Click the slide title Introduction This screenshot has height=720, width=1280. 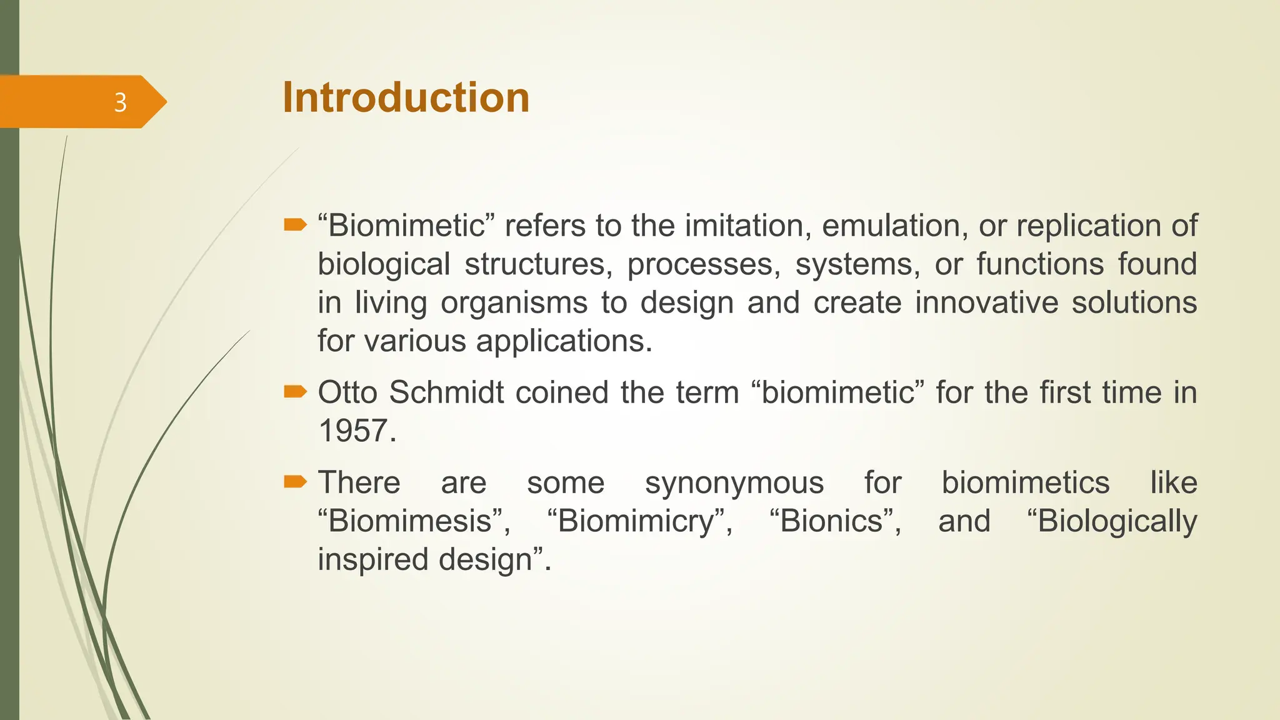coord(406,98)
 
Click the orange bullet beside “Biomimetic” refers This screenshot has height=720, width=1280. coord(295,225)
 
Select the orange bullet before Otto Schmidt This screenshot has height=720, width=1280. coord(295,392)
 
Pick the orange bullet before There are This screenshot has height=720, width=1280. coord(295,481)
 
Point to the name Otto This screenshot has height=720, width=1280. coord(347,392)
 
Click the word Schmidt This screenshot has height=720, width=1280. coord(446,392)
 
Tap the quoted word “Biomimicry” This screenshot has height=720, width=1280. coord(639,521)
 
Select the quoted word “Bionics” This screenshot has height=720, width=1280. coord(835,521)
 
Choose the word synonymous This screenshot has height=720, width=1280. coord(734,483)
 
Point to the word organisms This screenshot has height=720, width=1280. coord(514,303)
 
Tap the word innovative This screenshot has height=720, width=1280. coord(986,302)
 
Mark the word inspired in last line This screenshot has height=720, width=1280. coord(372,559)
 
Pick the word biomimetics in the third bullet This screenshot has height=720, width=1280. coord(1025,483)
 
